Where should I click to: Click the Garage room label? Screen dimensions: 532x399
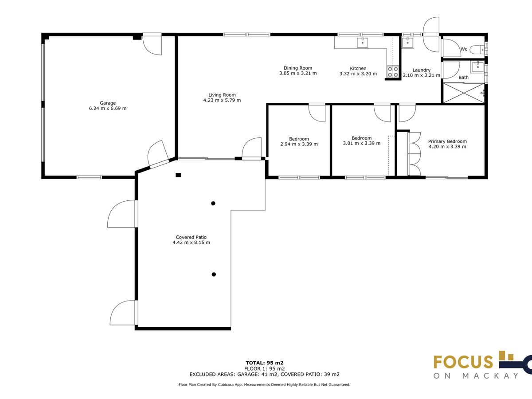(108, 103)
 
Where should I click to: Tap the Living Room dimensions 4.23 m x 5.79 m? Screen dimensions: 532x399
(222, 100)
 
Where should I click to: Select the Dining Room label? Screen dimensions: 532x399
(298, 68)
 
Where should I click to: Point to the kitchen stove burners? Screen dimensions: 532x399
(393, 72)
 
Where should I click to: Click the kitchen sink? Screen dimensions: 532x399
(362, 43)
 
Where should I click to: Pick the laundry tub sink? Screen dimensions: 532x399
(408, 43)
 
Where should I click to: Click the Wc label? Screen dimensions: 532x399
(464, 49)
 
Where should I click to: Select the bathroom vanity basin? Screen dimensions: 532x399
(477, 67)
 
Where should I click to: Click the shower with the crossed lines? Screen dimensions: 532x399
(464, 93)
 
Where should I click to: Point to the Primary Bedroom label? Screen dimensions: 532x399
(447, 141)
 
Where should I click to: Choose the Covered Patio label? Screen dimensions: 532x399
(191, 238)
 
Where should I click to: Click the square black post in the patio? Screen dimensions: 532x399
(178, 175)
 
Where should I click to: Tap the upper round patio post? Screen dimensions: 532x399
(213, 203)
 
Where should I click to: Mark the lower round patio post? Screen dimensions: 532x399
(214, 274)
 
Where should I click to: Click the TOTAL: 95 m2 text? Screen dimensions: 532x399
(264, 363)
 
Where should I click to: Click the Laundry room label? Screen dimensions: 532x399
(421, 70)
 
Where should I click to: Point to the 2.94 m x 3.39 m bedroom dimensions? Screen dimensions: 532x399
(299, 144)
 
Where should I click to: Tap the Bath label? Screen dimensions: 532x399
(463, 78)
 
